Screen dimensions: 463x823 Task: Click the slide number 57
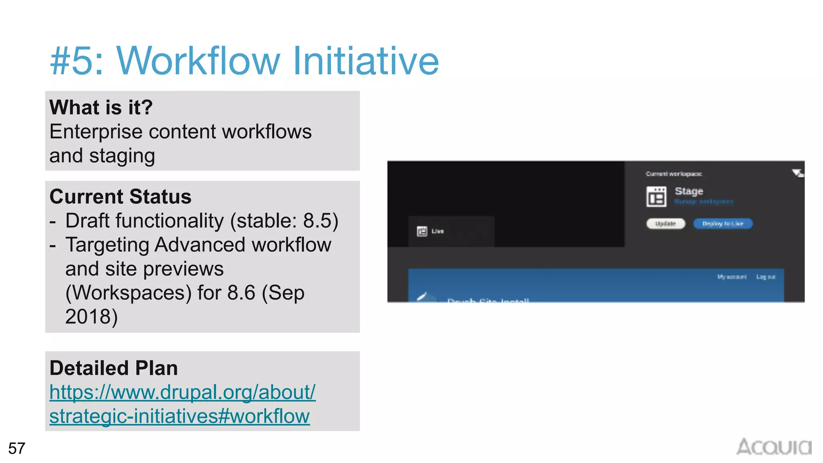click(17, 448)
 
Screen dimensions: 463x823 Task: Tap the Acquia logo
click(774, 447)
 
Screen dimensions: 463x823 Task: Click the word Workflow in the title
click(198, 61)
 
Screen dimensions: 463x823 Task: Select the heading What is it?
click(101, 107)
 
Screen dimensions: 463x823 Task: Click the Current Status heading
click(120, 197)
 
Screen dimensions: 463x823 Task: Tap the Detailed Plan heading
click(113, 368)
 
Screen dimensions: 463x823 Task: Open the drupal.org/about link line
click(182, 392)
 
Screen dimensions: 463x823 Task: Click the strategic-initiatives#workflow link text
click(179, 416)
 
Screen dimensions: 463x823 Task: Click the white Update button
click(665, 223)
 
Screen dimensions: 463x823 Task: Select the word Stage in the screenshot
click(689, 191)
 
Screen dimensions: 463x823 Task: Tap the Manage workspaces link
click(704, 201)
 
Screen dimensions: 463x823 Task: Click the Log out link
click(766, 277)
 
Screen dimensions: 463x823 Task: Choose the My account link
click(732, 277)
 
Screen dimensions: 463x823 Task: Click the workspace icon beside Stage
click(656, 197)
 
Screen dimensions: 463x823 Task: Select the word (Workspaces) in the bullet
click(129, 293)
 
